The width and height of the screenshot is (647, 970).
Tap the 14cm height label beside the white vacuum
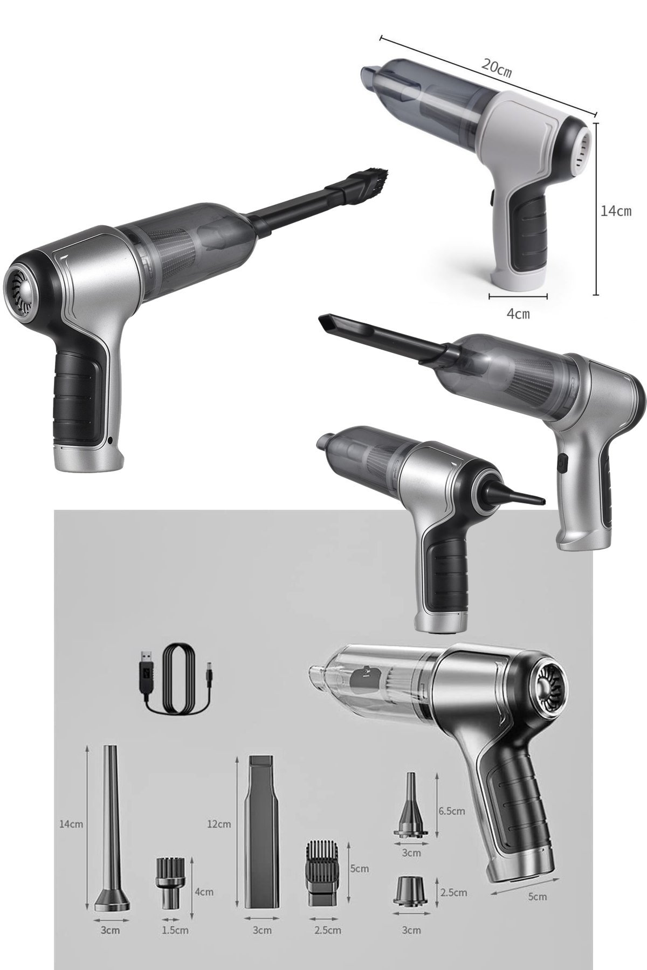pyautogui.click(x=616, y=211)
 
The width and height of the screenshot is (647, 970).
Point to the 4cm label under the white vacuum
pyautogui.click(x=518, y=314)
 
